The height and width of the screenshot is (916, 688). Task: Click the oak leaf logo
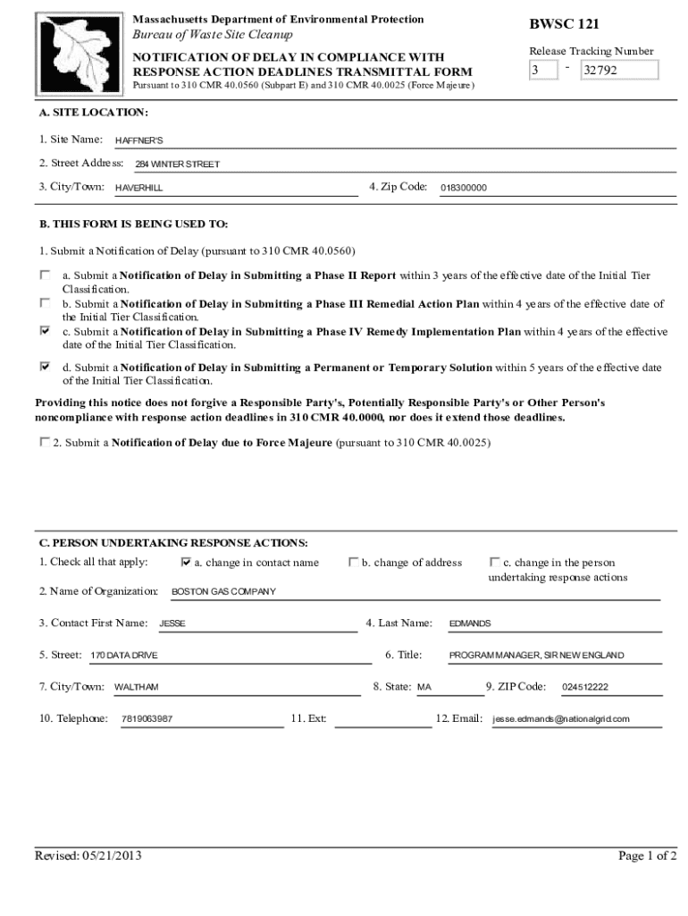(x=75, y=52)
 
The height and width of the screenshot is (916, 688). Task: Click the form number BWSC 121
(x=563, y=24)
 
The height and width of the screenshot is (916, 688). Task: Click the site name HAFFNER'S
(x=139, y=141)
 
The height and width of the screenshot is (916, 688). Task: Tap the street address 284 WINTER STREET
(x=177, y=165)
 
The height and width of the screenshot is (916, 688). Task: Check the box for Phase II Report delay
(x=45, y=275)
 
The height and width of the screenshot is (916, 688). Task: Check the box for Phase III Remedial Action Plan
(x=45, y=303)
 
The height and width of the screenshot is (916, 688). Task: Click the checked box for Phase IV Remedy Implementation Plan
(x=45, y=331)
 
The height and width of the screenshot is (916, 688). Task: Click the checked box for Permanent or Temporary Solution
(x=45, y=367)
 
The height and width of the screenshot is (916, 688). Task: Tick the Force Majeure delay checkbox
(x=45, y=442)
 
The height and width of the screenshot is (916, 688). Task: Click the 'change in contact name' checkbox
(x=186, y=563)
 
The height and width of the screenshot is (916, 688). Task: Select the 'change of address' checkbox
(x=353, y=563)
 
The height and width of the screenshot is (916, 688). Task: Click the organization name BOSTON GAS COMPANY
(x=223, y=592)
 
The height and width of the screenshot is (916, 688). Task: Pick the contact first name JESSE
(x=172, y=623)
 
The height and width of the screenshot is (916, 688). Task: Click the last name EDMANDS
(x=470, y=623)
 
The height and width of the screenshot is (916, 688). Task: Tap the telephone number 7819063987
(x=147, y=719)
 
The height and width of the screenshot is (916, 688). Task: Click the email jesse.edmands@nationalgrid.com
(x=561, y=719)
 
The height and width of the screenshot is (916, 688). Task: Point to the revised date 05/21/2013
(x=88, y=856)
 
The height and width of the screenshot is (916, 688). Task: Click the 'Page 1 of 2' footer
(x=647, y=856)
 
